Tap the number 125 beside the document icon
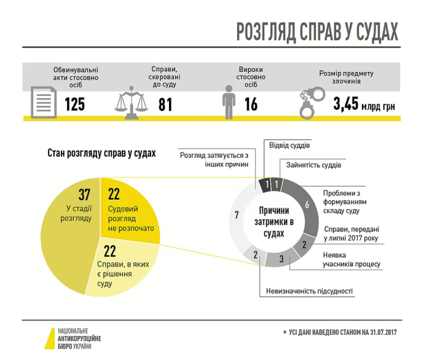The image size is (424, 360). click(74, 104)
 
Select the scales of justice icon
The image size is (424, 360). click(132, 102)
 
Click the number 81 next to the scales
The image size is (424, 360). click(165, 104)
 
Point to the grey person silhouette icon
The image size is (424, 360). click(229, 102)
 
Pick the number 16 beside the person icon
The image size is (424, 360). click(251, 104)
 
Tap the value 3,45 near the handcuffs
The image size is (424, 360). click(345, 104)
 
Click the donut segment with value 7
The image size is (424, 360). click(236, 215)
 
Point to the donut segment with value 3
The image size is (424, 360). click(281, 259)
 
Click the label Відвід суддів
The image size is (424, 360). click(289, 146)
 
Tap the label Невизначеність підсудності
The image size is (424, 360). click(309, 291)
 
